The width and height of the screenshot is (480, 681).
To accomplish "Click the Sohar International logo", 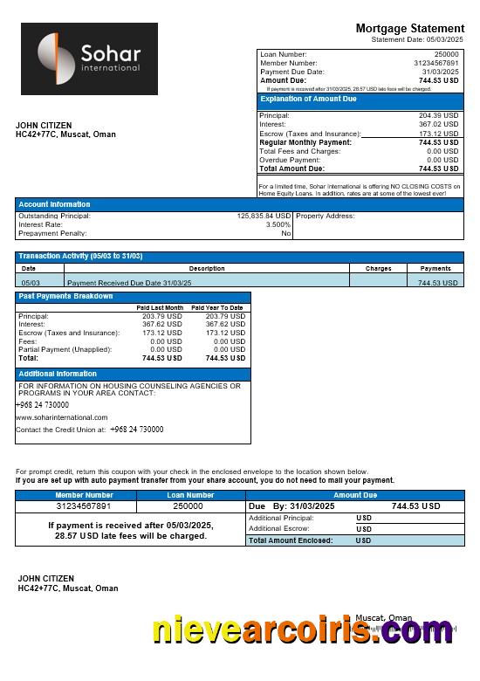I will click(89, 58).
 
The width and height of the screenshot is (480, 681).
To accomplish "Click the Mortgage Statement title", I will click(409, 28).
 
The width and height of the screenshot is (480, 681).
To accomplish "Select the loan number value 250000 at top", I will click(445, 54).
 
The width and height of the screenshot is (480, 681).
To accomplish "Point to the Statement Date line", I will click(417, 39).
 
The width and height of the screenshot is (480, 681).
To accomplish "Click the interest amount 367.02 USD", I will click(438, 124).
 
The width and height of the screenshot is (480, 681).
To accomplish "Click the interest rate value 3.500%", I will click(278, 224).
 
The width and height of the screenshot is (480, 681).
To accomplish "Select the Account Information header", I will click(54, 204).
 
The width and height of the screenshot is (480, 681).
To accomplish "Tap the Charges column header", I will click(378, 268).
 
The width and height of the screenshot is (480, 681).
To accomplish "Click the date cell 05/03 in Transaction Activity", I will click(31, 283).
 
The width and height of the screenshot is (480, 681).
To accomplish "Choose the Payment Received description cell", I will click(129, 283).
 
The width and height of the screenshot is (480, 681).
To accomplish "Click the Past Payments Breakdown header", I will click(66, 296).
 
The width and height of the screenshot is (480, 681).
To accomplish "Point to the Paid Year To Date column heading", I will click(217, 307).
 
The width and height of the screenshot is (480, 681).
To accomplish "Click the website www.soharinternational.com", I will click(61, 417).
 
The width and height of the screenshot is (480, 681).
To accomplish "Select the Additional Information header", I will click(58, 374).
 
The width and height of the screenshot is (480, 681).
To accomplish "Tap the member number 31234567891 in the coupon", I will click(84, 506).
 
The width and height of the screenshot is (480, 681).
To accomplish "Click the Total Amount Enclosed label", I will click(291, 540).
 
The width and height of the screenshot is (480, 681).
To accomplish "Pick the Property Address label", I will click(326, 216).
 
